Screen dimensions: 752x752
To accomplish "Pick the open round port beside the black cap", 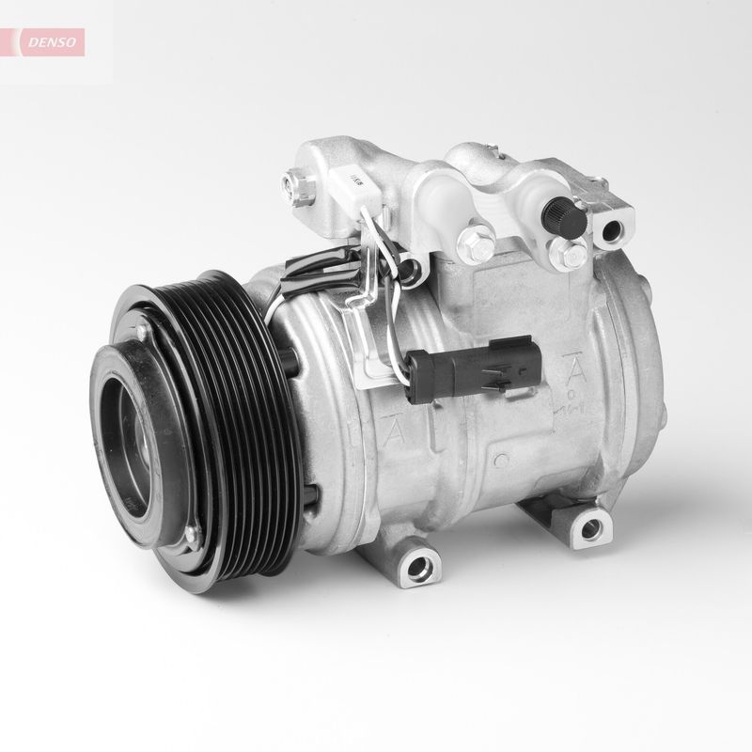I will [x=616, y=227].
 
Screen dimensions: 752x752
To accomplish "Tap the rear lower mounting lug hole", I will [x=589, y=529].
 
